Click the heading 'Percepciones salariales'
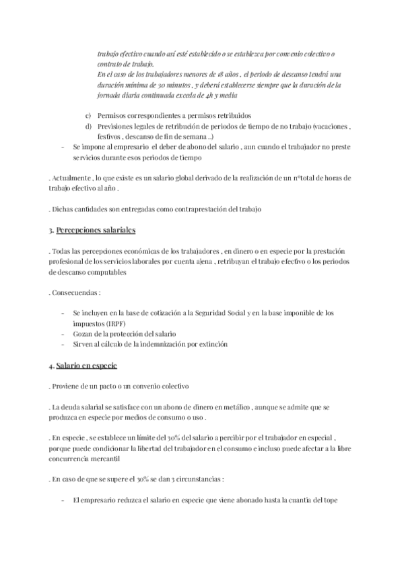tap(96, 231)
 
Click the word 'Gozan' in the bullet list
tap(83, 334)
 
